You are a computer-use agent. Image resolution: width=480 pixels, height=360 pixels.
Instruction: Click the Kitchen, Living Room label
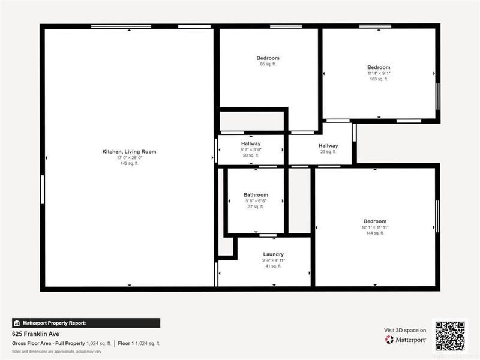[x=129, y=152]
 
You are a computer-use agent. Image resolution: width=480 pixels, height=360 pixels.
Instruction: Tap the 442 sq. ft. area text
[x=129, y=163]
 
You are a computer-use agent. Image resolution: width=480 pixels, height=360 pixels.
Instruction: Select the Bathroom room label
[x=256, y=195]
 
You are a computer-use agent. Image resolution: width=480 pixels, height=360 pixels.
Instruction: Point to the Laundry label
[x=273, y=254]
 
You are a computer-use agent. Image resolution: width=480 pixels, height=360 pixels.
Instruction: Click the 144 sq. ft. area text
[x=374, y=233]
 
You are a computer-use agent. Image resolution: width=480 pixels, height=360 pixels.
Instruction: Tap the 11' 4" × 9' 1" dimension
[x=379, y=73]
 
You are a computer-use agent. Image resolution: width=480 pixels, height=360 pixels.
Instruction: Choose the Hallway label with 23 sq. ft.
[x=328, y=146]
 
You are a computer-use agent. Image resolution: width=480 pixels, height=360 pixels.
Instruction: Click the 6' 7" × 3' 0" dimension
[x=251, y=149]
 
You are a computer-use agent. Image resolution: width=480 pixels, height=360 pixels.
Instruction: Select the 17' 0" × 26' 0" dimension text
[x=129, y=158]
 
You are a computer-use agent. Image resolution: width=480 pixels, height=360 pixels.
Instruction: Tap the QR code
[x=450, y=335]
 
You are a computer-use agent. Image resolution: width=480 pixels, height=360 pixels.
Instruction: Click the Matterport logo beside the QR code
[x=406, y=340]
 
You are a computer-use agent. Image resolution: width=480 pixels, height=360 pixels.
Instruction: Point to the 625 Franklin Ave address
[x=35, y=334]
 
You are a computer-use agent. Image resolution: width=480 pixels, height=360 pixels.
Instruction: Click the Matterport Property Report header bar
[x=86, y=323]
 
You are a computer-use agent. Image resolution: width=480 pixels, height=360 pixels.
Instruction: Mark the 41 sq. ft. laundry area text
[x=273, y=266]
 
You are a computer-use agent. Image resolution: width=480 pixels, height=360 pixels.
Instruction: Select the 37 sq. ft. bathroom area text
[x=256, y=206]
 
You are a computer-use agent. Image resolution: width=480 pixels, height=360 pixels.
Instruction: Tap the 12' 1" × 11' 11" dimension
[x=374, y=227]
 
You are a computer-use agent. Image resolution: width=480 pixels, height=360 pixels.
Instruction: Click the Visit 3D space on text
[x=405, y=330]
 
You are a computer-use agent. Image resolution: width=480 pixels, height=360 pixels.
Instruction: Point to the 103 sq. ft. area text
[x=379, y=79]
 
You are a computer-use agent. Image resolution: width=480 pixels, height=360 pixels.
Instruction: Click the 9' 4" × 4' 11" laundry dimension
[x=273, y=260]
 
